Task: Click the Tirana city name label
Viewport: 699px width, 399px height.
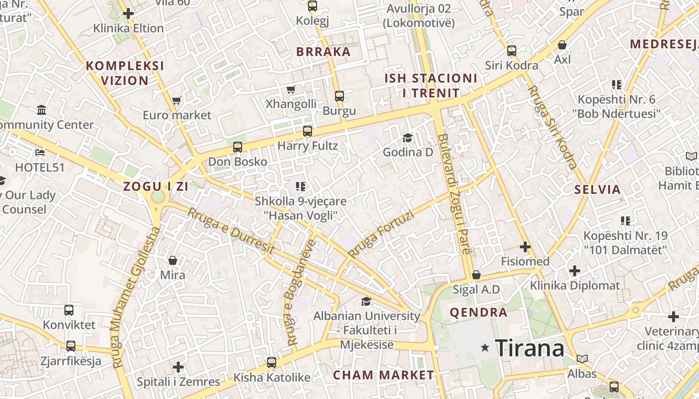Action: tap(530, 348)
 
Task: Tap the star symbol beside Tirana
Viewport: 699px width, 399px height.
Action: tap(484, 348)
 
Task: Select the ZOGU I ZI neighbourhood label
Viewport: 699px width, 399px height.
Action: tap(156, 187)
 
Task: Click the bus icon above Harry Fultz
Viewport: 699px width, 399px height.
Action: tap(308, 131)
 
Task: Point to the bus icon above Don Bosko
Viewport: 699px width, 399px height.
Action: tap(238, 147)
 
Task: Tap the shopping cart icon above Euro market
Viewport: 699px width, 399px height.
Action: tap(176, 101)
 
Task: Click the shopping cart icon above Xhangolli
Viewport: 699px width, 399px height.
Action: tap(291, 89)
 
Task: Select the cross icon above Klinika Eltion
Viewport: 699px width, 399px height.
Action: tap(128, 13)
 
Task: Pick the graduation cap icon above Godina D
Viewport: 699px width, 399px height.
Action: tap(408, 137)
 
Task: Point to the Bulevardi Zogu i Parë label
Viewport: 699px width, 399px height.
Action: tap(454, 195)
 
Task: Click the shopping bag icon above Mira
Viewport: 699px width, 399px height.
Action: tap(173, 260)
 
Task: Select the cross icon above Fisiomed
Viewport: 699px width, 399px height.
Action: tap(525, 247)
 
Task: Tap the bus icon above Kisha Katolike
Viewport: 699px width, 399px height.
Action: tap(272, 363)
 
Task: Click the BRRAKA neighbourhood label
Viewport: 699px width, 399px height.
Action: tap(324, 52)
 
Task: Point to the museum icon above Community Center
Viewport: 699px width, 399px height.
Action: tap(41, 110)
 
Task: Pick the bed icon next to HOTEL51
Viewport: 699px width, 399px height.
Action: tap(40, 152)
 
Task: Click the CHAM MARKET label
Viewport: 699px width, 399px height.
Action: tap(383, 375)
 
